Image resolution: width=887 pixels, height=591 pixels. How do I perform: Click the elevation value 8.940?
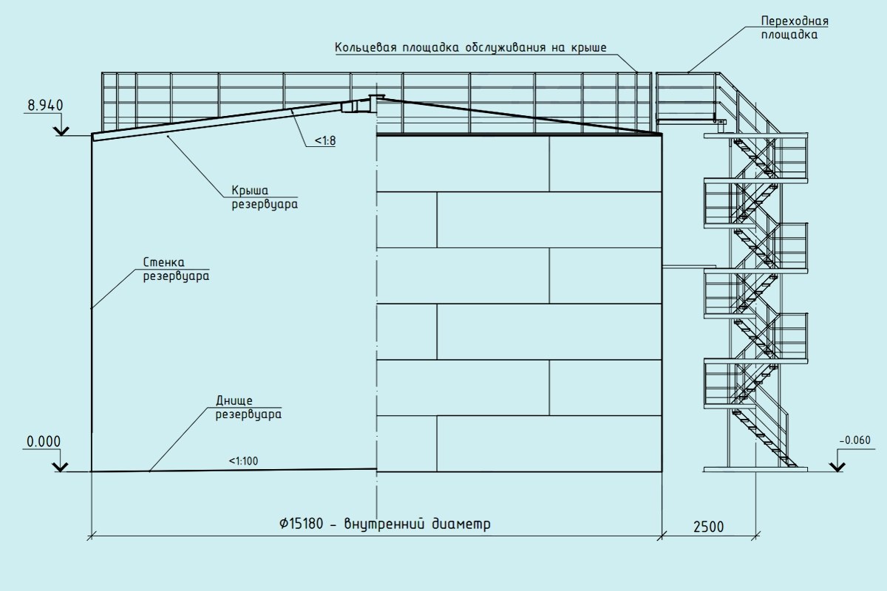pyautogui.click(x=45, y=106)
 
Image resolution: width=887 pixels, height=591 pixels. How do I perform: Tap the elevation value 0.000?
pyautogui.click(x=43, y=442)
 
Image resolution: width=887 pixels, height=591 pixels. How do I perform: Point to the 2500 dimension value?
pyautogui.click(x=708, y=527)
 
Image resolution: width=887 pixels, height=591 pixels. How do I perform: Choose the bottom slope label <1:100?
pyautogui.click(x=244, y=462)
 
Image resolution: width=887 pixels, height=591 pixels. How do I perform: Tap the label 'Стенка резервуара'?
pyautogui.click(x=175, y=270)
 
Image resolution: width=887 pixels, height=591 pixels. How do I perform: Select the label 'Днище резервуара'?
pyautogui.click(x=248, y=407)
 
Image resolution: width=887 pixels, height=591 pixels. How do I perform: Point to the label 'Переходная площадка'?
pyautogui.click(x=789, y=27)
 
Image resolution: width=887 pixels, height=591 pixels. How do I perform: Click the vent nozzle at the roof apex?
pyautogui.click(x=373, y=98)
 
